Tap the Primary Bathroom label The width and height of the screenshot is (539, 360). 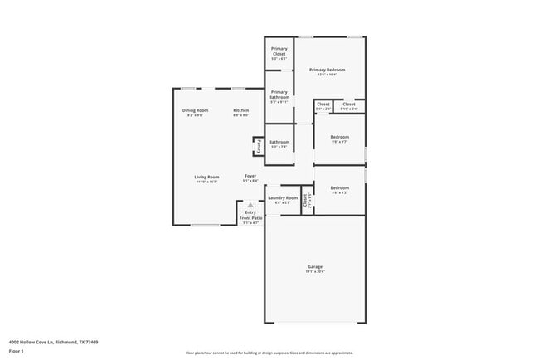279,95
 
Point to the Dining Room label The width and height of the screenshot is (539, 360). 196,110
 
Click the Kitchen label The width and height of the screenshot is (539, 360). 240,110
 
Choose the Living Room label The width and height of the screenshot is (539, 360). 206,177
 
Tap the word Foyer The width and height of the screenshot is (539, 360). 250,177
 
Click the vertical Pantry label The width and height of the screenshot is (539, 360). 258,147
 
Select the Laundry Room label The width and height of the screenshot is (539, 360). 283,198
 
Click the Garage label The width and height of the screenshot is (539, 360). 315,266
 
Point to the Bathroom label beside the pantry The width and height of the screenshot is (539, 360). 279,142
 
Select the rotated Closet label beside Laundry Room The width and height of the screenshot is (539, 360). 305,199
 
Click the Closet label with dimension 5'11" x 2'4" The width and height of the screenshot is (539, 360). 349,105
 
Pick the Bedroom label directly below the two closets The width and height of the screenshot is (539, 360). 339,137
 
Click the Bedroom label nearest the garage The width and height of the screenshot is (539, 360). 339,188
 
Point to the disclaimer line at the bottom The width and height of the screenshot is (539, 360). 269,352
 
